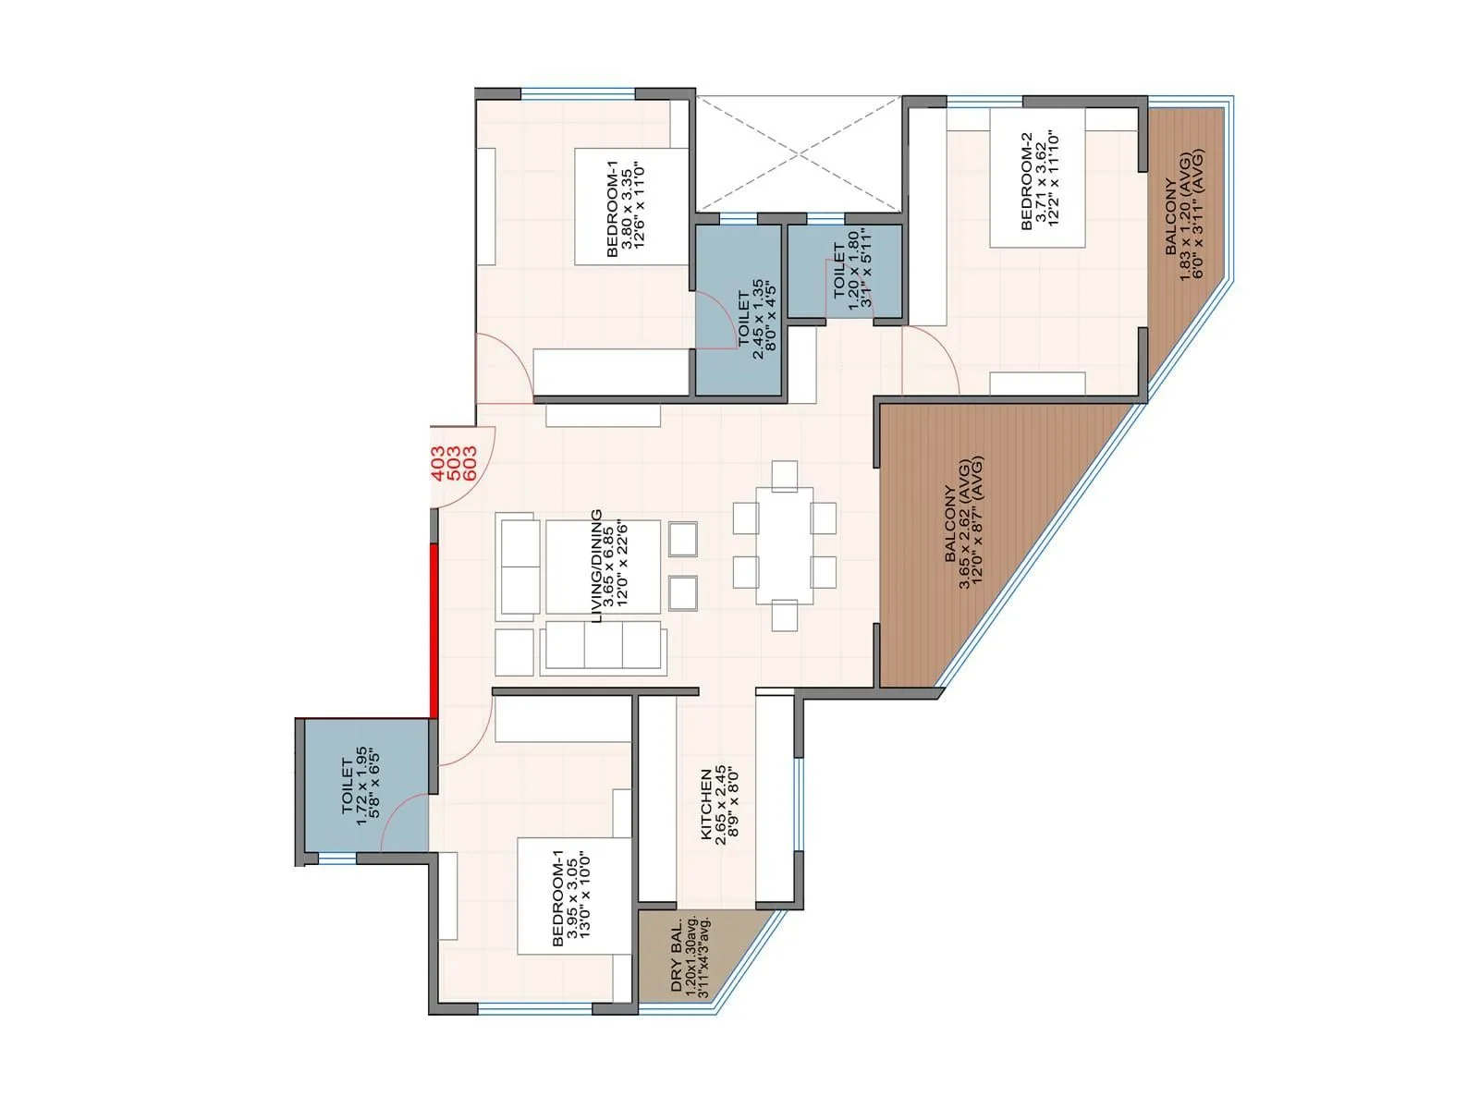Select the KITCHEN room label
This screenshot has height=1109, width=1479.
pyautogui.click(x=706, y=804)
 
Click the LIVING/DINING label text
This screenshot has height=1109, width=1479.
pyautogui.click(x=596, y=566)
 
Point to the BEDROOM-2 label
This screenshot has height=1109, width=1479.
pyautogui.click(x=1026, y=181)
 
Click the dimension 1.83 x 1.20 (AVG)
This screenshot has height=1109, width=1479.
pyautogui.click(x=1185, y=215)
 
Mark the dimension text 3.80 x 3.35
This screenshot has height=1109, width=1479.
pyautogui.click(x=627, y=208)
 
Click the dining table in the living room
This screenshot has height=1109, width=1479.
pyautogui.click(x=785, y=545)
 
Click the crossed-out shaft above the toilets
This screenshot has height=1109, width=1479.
pyautogui.click(x=797, y=154)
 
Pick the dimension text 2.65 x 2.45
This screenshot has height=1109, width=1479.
pyautogui.click(x=721, y=804)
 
